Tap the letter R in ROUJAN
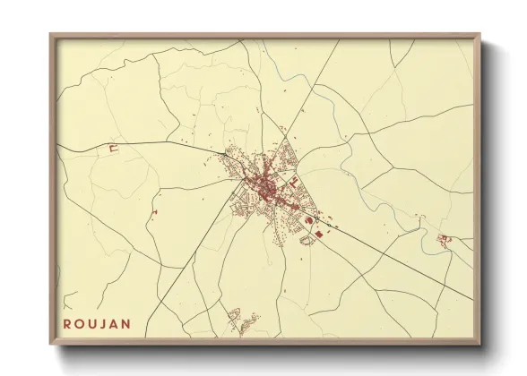coord(68,320)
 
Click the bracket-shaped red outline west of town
coord(113,149)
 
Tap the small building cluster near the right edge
coord(443,239)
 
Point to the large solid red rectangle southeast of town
coord(316,234)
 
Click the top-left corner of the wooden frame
coord(51,35)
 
